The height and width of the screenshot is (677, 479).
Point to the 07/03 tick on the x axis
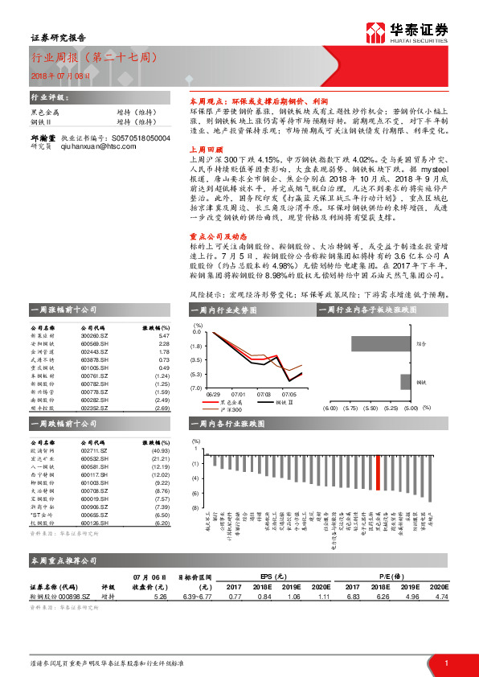(264, 394)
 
